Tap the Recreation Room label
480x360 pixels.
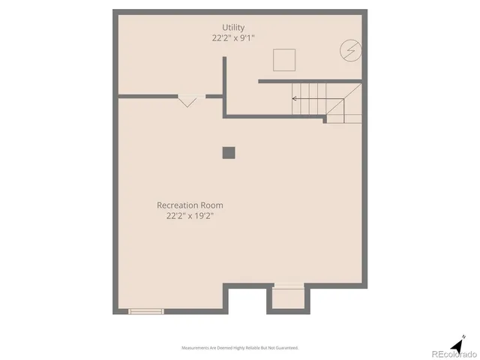190,205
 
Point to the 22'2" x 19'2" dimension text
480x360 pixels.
190,216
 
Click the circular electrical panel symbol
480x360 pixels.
349,50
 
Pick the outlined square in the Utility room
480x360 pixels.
283,58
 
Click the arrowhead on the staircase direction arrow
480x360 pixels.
294,98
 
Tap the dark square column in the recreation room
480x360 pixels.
229,151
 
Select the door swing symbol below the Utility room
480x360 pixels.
187,100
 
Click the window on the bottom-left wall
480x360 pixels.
145,311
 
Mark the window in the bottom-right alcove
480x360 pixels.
288,286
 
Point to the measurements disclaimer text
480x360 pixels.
240,348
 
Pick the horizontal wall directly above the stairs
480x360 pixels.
310,81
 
